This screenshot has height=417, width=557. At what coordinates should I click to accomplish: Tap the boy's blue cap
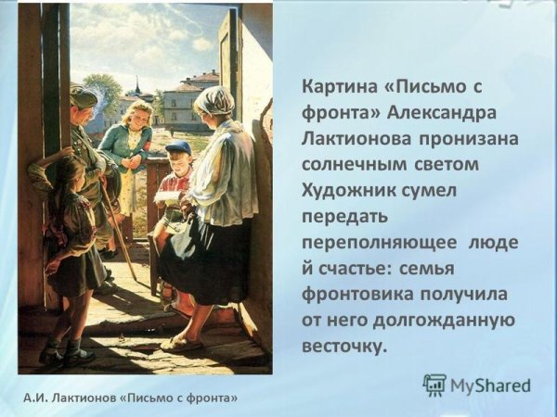point(179,147)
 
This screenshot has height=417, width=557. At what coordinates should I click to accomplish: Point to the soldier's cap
point(83,95)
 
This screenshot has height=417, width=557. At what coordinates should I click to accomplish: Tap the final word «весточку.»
point(343,345)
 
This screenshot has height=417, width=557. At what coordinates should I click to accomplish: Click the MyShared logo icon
point(434,385)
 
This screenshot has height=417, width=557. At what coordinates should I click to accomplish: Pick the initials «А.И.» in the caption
point(35,398)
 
